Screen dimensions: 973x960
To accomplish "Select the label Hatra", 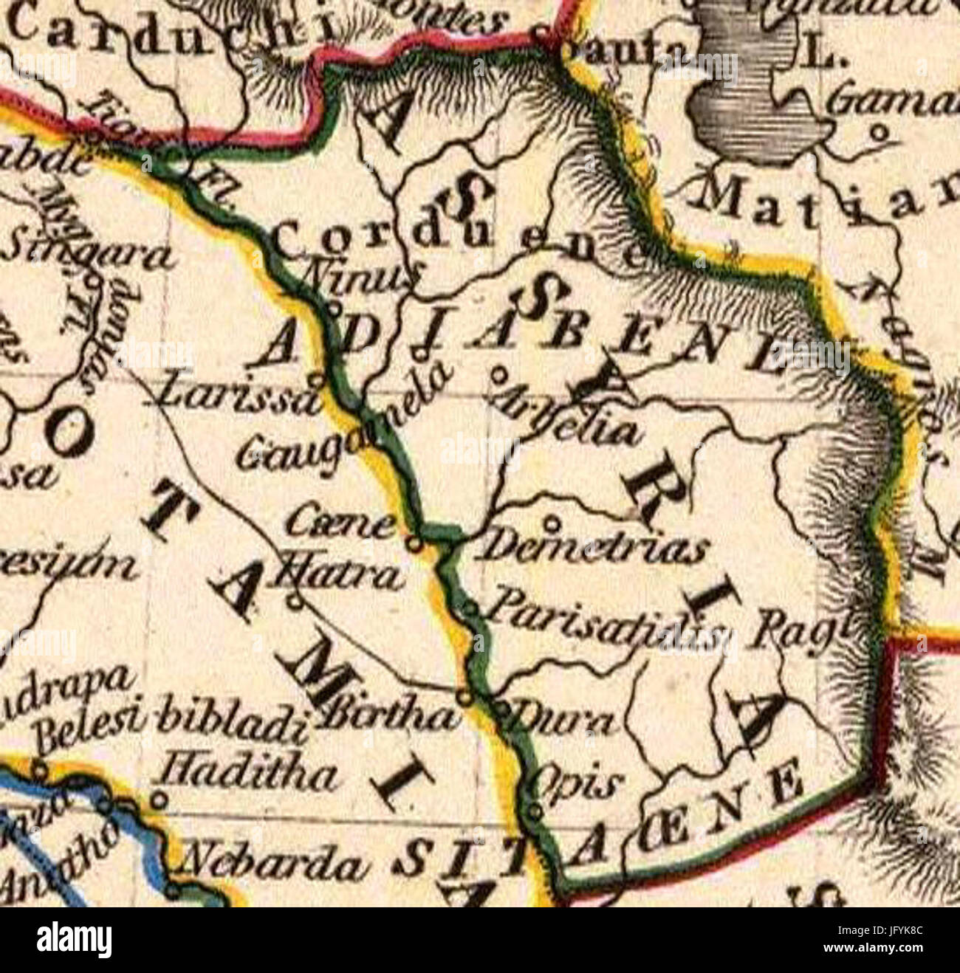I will (337, 575).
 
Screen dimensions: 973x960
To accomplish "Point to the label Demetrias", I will (594, 549).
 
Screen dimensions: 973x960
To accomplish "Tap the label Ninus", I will (361, 278).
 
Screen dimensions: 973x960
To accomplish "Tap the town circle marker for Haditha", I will (159, 799).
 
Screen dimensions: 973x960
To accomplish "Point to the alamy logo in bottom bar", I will (75, 940).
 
